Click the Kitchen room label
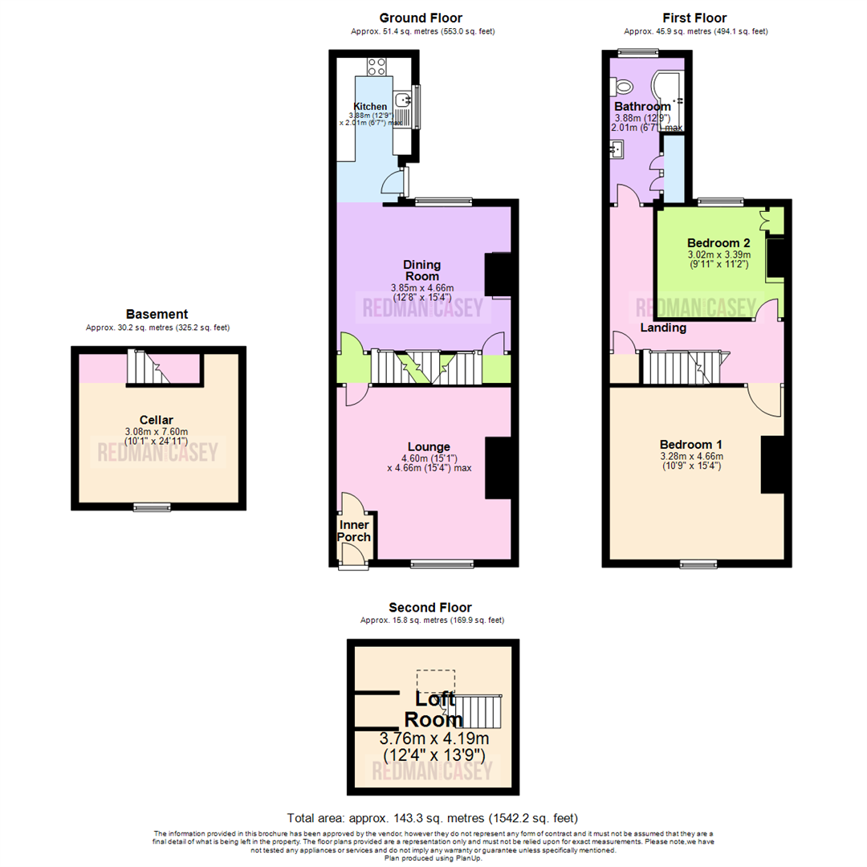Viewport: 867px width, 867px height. point(370,106)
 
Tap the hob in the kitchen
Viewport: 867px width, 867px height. point(378,66)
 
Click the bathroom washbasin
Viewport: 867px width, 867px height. point(617,149)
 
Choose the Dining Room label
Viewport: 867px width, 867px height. point(421,270)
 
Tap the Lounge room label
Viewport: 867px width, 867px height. point(429,447)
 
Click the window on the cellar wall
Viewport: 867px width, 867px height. point(152,507)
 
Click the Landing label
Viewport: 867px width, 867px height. point(662,328)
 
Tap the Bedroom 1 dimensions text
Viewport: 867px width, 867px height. point(691,462)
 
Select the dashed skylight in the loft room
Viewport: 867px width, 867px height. point(435,681)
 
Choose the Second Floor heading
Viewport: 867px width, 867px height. point(429,608)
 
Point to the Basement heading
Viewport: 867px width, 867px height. point(157,315)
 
